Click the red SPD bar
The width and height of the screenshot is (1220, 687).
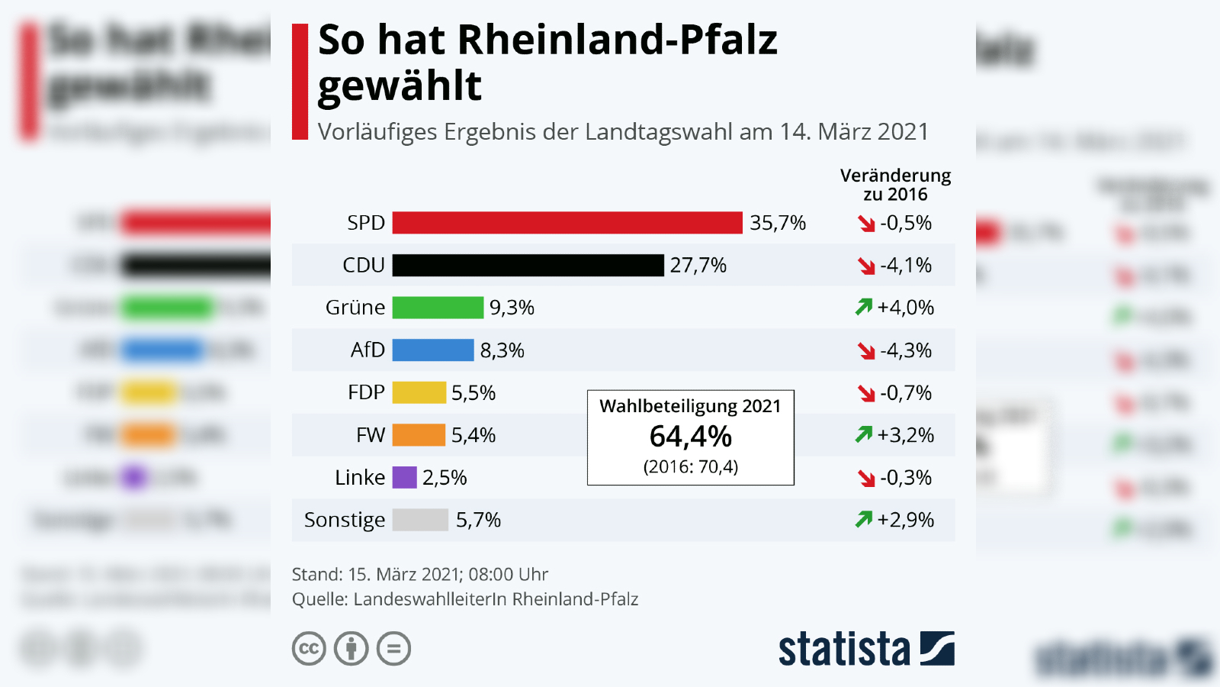(x=567, y=223)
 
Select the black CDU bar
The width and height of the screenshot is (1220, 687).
(x=528, y=266)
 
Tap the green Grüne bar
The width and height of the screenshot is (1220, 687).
(x=438, y=308)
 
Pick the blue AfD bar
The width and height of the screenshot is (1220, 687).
(x=432, y=350)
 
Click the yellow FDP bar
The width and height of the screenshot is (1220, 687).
(x=419, y=393)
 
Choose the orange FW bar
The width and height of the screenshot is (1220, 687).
(x=419, y=435)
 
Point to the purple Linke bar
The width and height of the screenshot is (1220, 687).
(x=404, y=478)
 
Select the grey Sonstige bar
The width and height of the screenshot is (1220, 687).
(x=420, y=520)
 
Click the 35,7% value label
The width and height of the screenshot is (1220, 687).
(x=777, y=223)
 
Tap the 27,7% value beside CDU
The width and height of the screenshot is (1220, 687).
(x=698, y=266)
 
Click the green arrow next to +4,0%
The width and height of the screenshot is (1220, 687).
(x=863, y=308)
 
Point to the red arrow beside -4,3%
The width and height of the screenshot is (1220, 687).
(x=866, y=351)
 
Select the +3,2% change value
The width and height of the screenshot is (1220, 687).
(x=905, y=435)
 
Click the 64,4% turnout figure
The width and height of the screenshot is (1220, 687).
(x=690, y=437)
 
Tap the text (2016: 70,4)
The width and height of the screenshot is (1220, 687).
(x=690, y=466)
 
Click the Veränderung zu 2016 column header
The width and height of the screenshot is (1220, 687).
(x=895, y=185)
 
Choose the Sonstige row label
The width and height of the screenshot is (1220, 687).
(x=345, y=520)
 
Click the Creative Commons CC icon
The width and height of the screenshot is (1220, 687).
(x=309, y=649)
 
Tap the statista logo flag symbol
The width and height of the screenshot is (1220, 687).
(x=937, y=649)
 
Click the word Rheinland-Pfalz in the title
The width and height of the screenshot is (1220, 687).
(x=617, y=40)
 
